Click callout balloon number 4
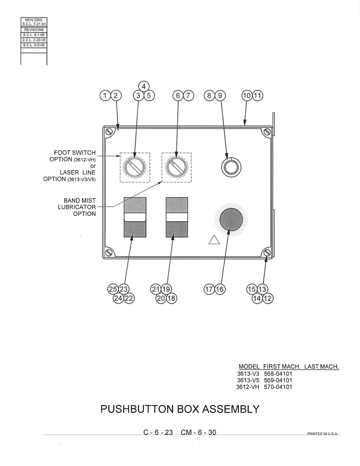144,87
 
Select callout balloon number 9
220,96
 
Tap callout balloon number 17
209,290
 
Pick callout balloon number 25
113,289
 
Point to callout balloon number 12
268,298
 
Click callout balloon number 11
258,96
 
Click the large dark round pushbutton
231,219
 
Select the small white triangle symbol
214,240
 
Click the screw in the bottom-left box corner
109,252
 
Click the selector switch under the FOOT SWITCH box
135,168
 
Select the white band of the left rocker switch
135,217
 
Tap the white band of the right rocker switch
177,217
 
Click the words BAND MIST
80,201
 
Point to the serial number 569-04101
278,380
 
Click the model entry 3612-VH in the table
247,387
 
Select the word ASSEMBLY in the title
231,409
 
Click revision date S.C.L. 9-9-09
34,45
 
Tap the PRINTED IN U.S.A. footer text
322,434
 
